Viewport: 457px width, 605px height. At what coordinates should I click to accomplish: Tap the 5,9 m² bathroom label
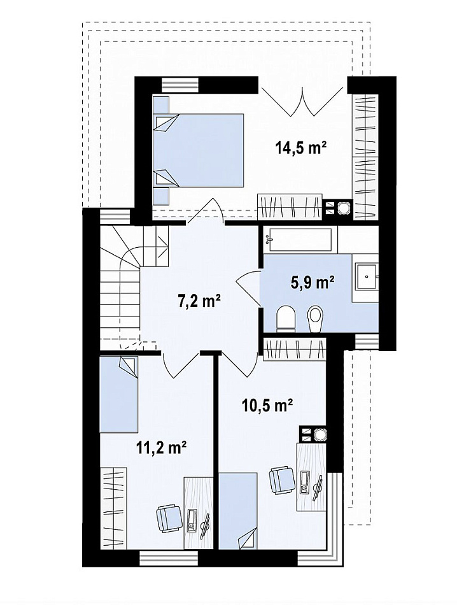tap(312, 283)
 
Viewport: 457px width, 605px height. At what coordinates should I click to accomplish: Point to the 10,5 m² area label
tap(267, 406)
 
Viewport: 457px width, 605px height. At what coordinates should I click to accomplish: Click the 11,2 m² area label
tap(162, 448)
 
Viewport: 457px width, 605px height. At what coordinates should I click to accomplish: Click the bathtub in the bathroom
tap(300, 240)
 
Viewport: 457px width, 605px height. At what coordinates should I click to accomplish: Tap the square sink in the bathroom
tap(365, 277)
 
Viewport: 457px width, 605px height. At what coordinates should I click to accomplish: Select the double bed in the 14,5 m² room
tap(199, 150)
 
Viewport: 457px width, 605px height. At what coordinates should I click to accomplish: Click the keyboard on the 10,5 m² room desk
tap(305, 482)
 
